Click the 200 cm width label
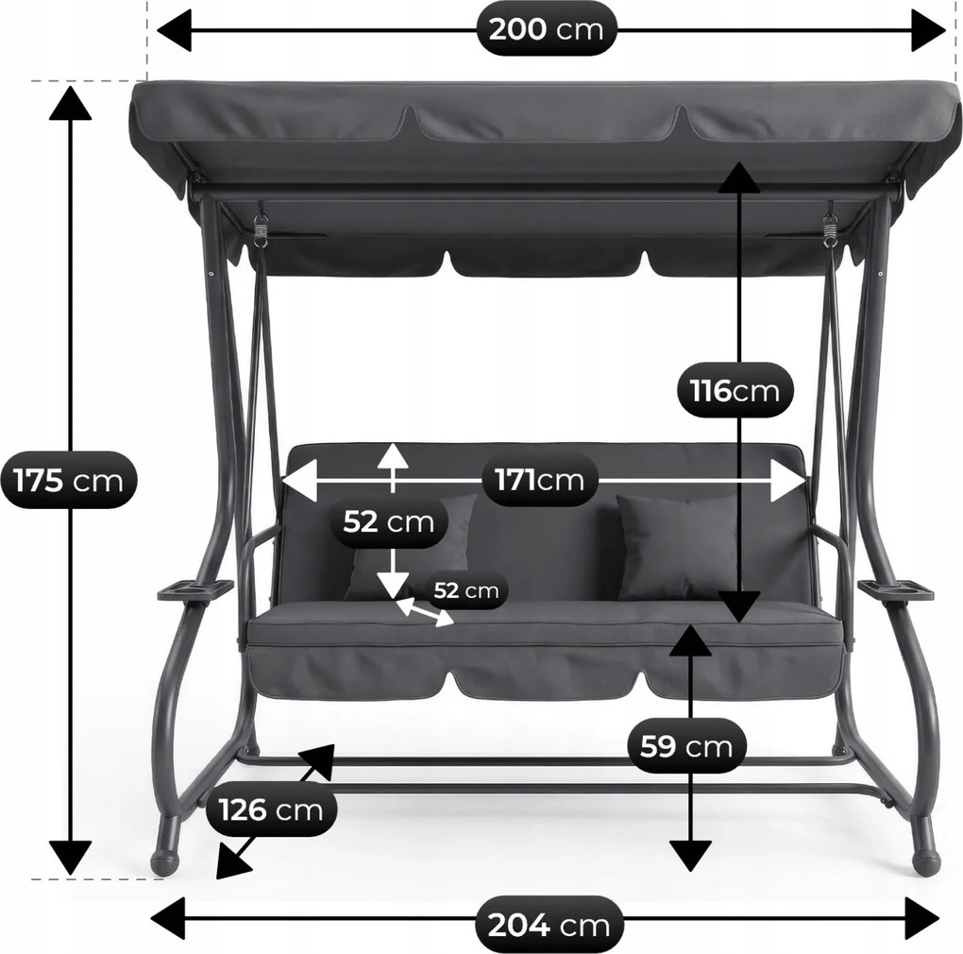[546, 29]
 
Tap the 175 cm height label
[68, 481]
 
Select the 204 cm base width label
[549, 925]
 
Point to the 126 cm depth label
[271, 810]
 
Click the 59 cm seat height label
[686, 747]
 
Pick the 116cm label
[735, 390]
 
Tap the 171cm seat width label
[539, 479]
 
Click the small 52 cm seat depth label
[466, 590]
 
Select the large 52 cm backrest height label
[388, 522]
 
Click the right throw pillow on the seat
[677, 547]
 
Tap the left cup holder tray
[196, 589]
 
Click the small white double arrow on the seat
[425, 612]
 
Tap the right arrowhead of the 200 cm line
[929, 29]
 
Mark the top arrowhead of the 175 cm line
[71, 103]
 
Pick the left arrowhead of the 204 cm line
[168, 918]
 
